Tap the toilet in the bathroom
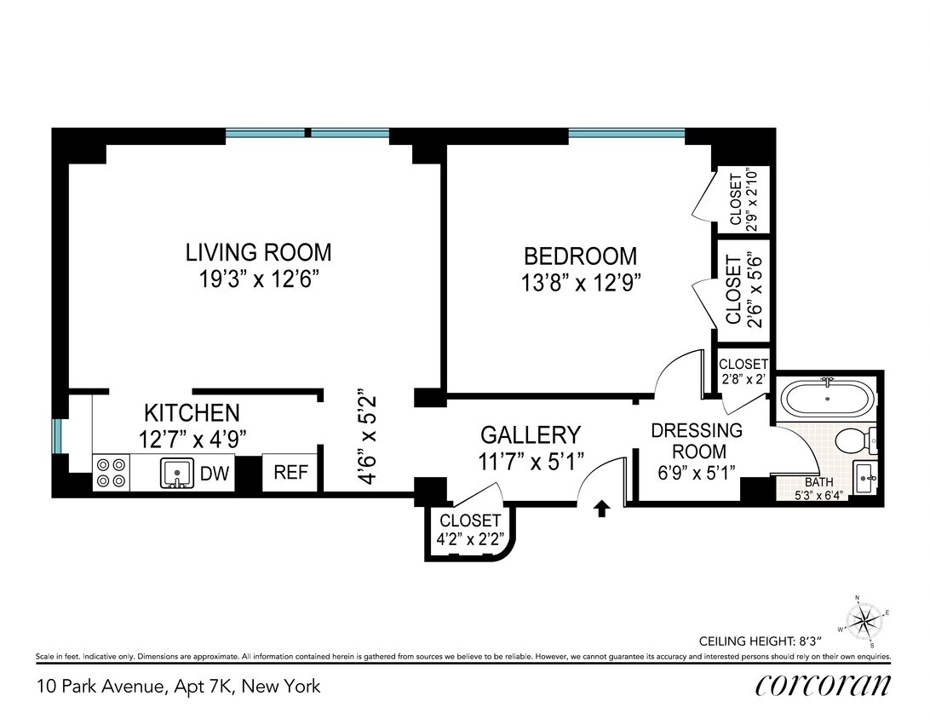[852, 440]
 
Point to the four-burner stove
[110, 473]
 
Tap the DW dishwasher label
[215, 474]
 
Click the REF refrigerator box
[290, 473]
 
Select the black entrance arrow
[601, 509]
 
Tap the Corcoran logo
[822, 685]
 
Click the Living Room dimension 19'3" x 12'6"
[258, 280]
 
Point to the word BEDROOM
[580, 256]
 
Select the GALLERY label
[531, 434]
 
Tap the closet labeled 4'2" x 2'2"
[470, 529]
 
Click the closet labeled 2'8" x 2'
[743, 372]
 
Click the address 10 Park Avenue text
[179, 686]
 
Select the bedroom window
[626, 133]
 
